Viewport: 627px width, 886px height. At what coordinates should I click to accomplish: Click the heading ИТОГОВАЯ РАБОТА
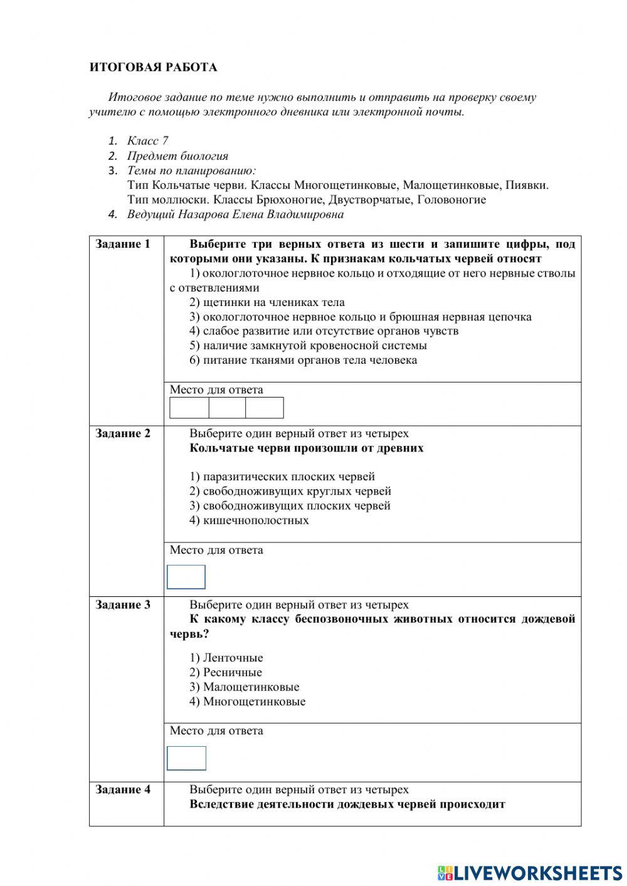153,67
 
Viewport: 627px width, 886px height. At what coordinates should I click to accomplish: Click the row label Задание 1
123,244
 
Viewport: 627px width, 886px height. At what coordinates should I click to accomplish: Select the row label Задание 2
123,433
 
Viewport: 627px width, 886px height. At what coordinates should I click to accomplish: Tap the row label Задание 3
123,604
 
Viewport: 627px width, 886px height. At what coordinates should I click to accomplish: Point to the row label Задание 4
123,789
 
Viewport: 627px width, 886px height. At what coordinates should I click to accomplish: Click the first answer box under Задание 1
189,408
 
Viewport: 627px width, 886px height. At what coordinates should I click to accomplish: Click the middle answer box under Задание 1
227,408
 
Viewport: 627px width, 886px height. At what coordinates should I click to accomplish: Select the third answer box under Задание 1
265,408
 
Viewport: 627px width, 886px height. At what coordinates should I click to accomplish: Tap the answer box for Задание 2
186,577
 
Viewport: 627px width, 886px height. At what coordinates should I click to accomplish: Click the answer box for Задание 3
186,758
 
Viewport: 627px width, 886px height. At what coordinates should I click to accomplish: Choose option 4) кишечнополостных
250,520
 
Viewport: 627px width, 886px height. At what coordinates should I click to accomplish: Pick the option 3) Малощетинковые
245,687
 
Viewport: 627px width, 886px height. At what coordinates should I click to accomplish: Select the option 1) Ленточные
226,658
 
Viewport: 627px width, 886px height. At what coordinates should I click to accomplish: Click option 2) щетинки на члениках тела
267,302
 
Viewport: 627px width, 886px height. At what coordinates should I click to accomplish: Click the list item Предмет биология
177,156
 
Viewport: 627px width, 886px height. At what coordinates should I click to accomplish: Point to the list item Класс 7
147,141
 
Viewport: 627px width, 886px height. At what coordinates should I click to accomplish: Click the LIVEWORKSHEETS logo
530,872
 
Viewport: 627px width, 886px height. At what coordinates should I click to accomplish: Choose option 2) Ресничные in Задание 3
226,672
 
